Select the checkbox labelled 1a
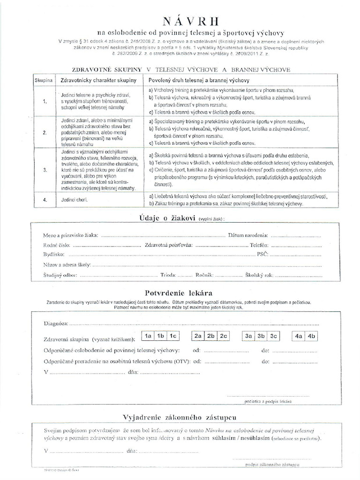tap(148, 336)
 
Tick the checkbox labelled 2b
tap(210, 336)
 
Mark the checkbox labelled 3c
tap(274, 336)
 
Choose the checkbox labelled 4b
tap(312, 336)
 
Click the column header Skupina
tap(43, 81)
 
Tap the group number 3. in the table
tap(45, 171)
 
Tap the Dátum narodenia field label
tap(248, 235)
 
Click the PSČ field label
tap(262, 254)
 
